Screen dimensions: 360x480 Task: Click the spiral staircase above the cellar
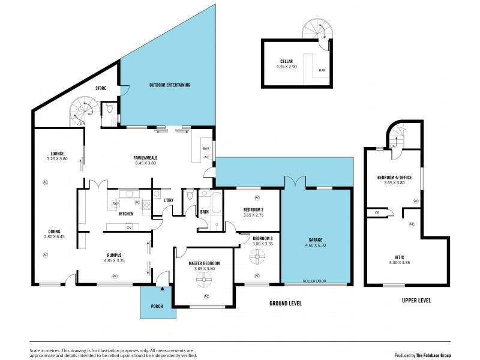coord(316,28)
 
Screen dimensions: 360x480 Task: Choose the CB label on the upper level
coord(377,212)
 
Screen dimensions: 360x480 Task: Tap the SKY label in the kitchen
coord(115,204)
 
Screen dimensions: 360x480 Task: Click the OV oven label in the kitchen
coord(128,227)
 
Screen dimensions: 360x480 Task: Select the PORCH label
coord(157,306)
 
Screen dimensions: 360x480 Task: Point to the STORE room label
coord(101,88)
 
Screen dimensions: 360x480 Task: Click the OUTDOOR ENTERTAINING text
coord(170,85)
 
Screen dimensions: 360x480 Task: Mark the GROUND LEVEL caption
coord(285,304)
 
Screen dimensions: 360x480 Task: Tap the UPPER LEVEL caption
coord(416,300)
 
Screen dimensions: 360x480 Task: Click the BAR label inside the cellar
coord(322,70)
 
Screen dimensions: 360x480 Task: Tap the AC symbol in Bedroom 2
coord(257,197)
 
